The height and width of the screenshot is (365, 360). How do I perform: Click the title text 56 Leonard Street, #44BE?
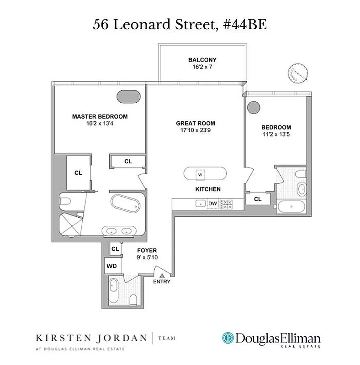pos(180,25)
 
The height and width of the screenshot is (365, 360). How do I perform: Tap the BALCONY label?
pos(202,60)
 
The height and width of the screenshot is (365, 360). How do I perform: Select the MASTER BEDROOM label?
pos(100,116)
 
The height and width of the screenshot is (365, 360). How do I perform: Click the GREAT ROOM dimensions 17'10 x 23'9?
pos(196,130)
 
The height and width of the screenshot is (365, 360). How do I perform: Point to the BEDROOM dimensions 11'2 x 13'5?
pos(276,134)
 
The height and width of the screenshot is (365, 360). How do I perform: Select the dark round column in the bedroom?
pos(253,108)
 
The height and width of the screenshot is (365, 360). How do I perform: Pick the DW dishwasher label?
pos(212,204)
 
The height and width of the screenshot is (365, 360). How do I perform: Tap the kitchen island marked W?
pos(205,174)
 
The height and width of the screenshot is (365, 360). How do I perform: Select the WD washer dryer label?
pos(111,266)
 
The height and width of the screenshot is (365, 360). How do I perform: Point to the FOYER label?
pos(147,250)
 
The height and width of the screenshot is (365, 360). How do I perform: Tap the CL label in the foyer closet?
pos(115,249)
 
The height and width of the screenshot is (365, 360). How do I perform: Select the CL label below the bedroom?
pos(258,199)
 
